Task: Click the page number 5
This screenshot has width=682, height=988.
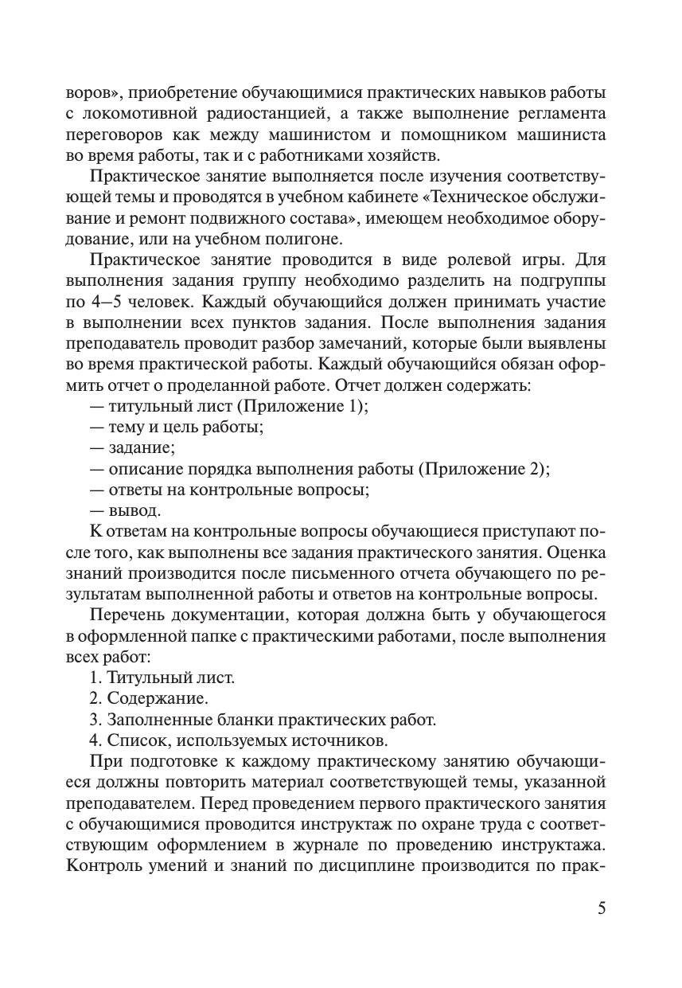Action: point(601,908)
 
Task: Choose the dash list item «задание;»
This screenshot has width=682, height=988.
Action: point(142,447)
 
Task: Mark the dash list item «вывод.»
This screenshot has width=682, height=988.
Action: point(134,510)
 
